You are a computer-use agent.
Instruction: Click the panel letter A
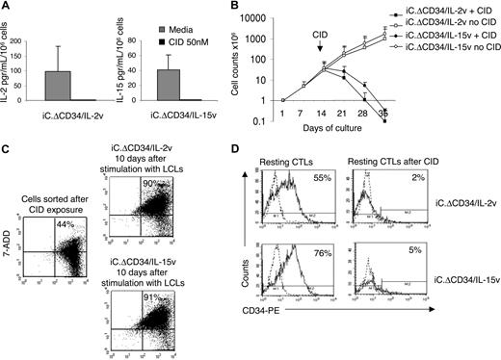6,8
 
